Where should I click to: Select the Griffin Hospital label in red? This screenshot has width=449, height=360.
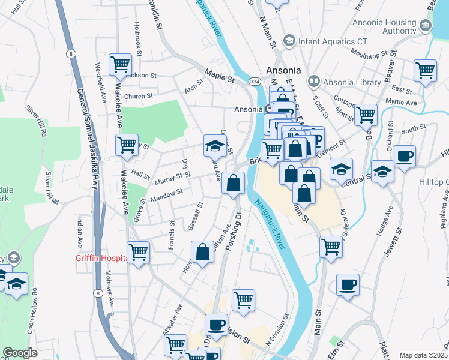click(x=100, y=259)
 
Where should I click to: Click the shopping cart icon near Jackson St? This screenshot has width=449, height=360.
click(x=120, y=64)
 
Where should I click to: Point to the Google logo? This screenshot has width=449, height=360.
click(x=20, y=353)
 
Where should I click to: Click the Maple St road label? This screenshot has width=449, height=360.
click(x=218, y=77)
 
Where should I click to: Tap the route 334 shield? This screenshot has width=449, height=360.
click(x=255, y=82)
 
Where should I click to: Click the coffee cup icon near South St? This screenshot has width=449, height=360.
click(x=403, y=156)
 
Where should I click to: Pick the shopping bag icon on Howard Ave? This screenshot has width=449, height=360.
click(x=203, y=251)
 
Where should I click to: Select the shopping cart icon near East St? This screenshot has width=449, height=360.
click(x=425, y=70)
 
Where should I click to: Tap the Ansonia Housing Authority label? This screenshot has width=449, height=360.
click(x=390, y=26)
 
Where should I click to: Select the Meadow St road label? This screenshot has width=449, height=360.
click(x=167, y=194)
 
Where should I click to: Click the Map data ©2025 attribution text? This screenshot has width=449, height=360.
click(x=424, y=355)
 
